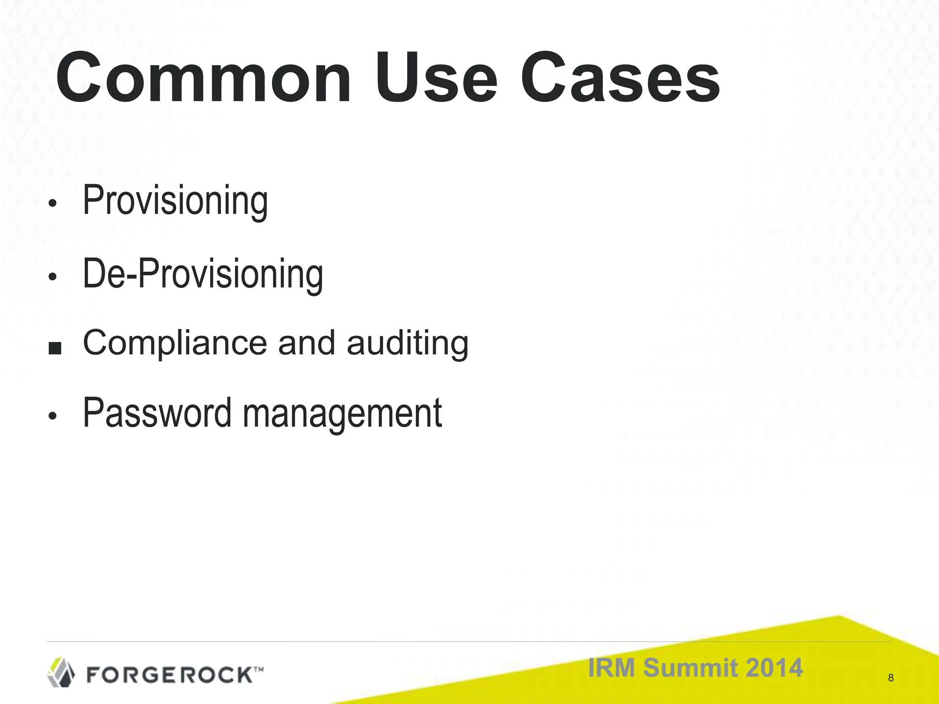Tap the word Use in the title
click(x=436, y=78)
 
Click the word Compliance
click(x=175, y=343)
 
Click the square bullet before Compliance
click(x=55, y=348)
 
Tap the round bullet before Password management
click(x=53, y=416)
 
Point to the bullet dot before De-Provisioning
click(x=53, y=277)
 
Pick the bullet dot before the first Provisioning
click(x=53, y=203)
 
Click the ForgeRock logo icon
click(x=61, y=672)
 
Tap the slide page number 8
click(x=890, y=678)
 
